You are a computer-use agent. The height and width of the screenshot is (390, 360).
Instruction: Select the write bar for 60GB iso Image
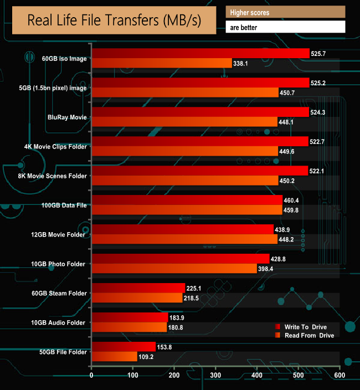pos(200,53)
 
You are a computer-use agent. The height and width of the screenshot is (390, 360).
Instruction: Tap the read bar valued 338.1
pos(161,63)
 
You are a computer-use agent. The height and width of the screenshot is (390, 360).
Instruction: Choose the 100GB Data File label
pos(64,205)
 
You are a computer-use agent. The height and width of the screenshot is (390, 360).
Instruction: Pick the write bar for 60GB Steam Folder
pos(138,288)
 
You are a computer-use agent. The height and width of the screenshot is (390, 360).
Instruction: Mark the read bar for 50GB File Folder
pos(114,356)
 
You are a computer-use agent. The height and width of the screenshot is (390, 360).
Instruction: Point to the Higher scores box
pos(285,12)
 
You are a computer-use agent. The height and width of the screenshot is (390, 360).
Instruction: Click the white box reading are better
pos(285,27)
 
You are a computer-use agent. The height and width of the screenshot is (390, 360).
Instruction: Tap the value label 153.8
pos(167,346)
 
